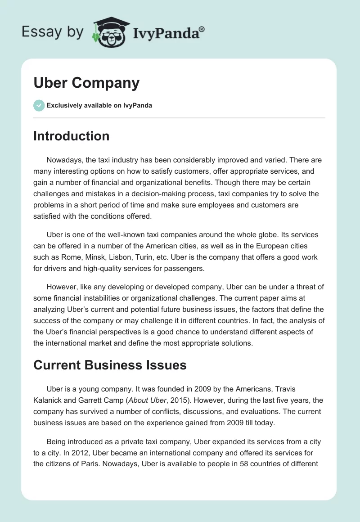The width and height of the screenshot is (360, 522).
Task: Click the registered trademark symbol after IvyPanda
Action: pos(202,29)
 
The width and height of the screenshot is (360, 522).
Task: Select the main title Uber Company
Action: pos(86,83)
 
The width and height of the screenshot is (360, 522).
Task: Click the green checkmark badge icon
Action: pos(39,105)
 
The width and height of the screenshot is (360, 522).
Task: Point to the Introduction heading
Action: pos(71,136)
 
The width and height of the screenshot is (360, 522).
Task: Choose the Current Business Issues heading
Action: pos(110,364)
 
